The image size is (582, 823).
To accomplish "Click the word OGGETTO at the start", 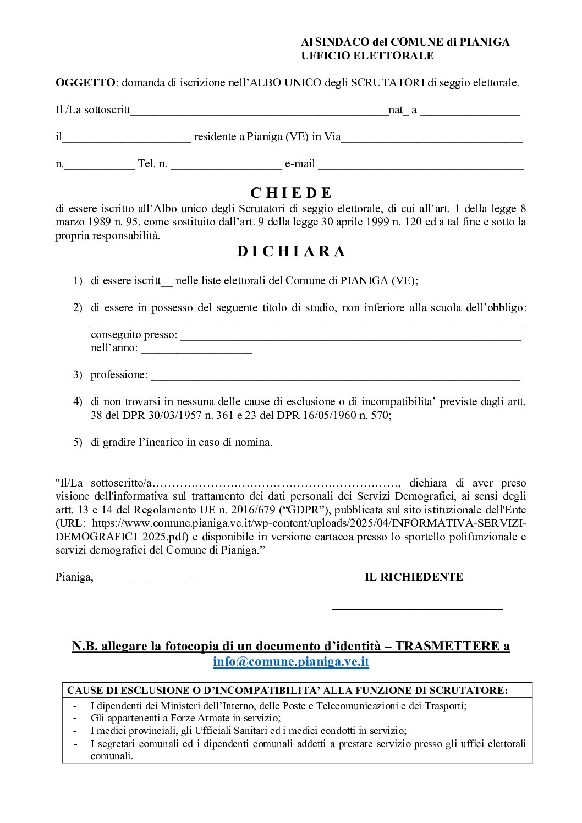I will point(85,82).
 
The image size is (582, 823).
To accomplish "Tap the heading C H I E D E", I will point(291,193).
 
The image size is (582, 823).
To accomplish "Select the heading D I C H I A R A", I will point(291,251).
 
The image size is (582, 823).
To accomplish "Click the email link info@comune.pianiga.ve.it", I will point(291,661).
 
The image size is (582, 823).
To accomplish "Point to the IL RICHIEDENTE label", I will point(414,577).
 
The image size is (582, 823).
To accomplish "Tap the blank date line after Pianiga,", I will point(143,581).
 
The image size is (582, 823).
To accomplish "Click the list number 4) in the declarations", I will point(78,401).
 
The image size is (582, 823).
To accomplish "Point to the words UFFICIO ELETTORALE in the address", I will point(367,56).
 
